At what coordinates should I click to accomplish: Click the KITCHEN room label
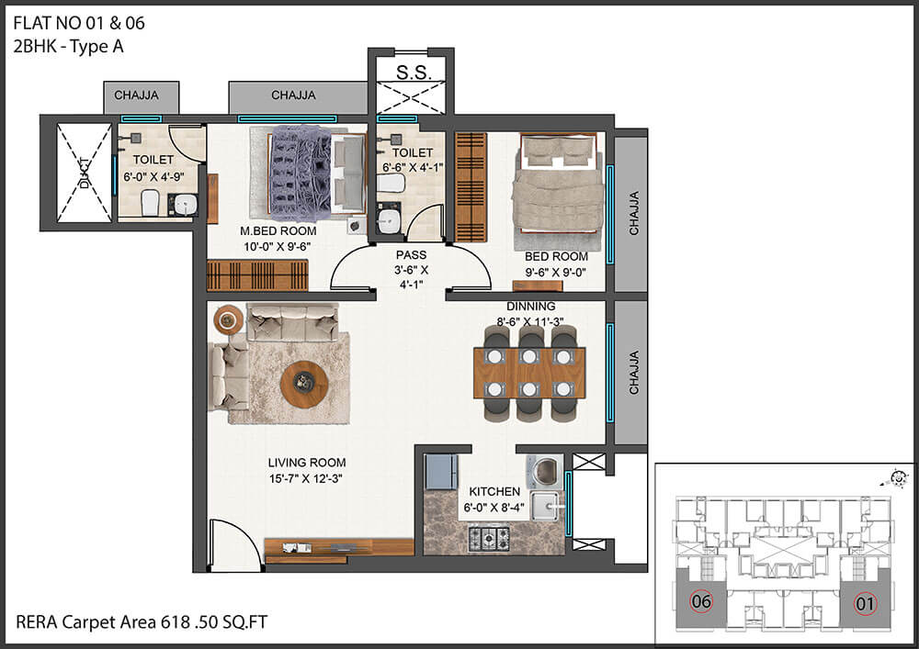[494, 492]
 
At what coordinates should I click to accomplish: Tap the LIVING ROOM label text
[307, 463]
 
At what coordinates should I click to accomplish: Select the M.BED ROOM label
[278, 231]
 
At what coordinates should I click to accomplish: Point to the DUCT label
[85, 173]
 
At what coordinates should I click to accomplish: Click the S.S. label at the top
[414, 73]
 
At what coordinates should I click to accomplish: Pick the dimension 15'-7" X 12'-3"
[305, 478]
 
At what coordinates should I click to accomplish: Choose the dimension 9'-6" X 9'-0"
[556, 272]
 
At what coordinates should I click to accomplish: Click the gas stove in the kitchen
[489, 539]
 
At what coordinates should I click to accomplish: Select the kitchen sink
[546, 506]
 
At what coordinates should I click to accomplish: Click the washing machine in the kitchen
[544, 472]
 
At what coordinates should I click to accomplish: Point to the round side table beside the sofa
[228, 319]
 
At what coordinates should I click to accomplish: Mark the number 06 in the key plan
[701, 601]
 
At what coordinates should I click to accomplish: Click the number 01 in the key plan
[865, 603]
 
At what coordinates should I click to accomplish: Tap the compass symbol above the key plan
[895, 478]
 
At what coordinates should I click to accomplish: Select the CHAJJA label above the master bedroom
[293, 95]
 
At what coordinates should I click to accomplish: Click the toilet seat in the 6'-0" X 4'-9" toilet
[150, 202]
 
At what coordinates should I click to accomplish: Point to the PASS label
[411, 255]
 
